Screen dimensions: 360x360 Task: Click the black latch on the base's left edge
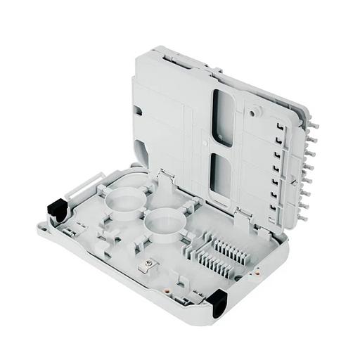coord(56,208)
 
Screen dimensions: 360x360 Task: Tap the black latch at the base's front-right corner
coord(217,300)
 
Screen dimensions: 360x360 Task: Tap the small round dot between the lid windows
coord(205,148)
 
